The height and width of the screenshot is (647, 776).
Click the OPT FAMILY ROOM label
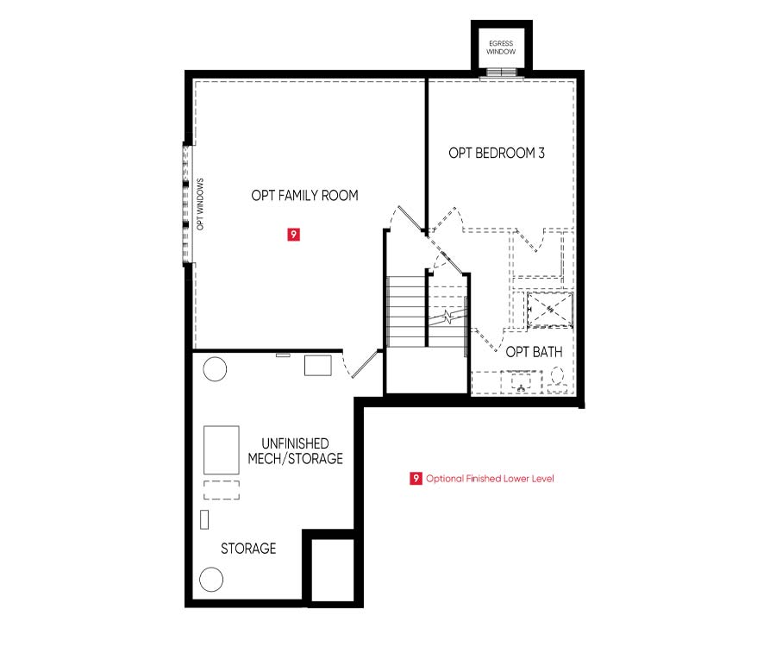[304, 196]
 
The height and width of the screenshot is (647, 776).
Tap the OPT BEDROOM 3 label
[497, 153]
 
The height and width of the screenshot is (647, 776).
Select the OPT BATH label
[534, 352]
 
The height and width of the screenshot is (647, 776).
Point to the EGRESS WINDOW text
[501, 47]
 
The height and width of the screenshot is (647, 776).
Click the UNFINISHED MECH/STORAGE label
[295, 451]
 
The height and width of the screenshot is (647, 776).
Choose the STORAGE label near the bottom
[248, 549]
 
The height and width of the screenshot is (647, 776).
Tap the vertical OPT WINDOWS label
[200, 204]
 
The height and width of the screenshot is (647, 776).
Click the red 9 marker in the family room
[293, 234]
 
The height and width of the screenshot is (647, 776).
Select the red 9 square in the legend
[416, 478]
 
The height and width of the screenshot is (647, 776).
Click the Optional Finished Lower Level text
[490, 479]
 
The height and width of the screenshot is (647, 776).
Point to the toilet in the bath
[558, 380]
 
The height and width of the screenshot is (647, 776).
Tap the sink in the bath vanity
[521, 382]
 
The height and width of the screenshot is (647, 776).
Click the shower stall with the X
[550, 310]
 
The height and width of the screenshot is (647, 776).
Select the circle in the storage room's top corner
[215, 369]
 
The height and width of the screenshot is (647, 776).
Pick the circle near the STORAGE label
[211, 579]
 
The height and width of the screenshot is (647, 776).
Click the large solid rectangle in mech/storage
[222, 450]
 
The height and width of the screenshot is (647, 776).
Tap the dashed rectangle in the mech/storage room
[222, 490]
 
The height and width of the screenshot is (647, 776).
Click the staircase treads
[406, 311]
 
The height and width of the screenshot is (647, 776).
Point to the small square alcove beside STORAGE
[333, 570]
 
